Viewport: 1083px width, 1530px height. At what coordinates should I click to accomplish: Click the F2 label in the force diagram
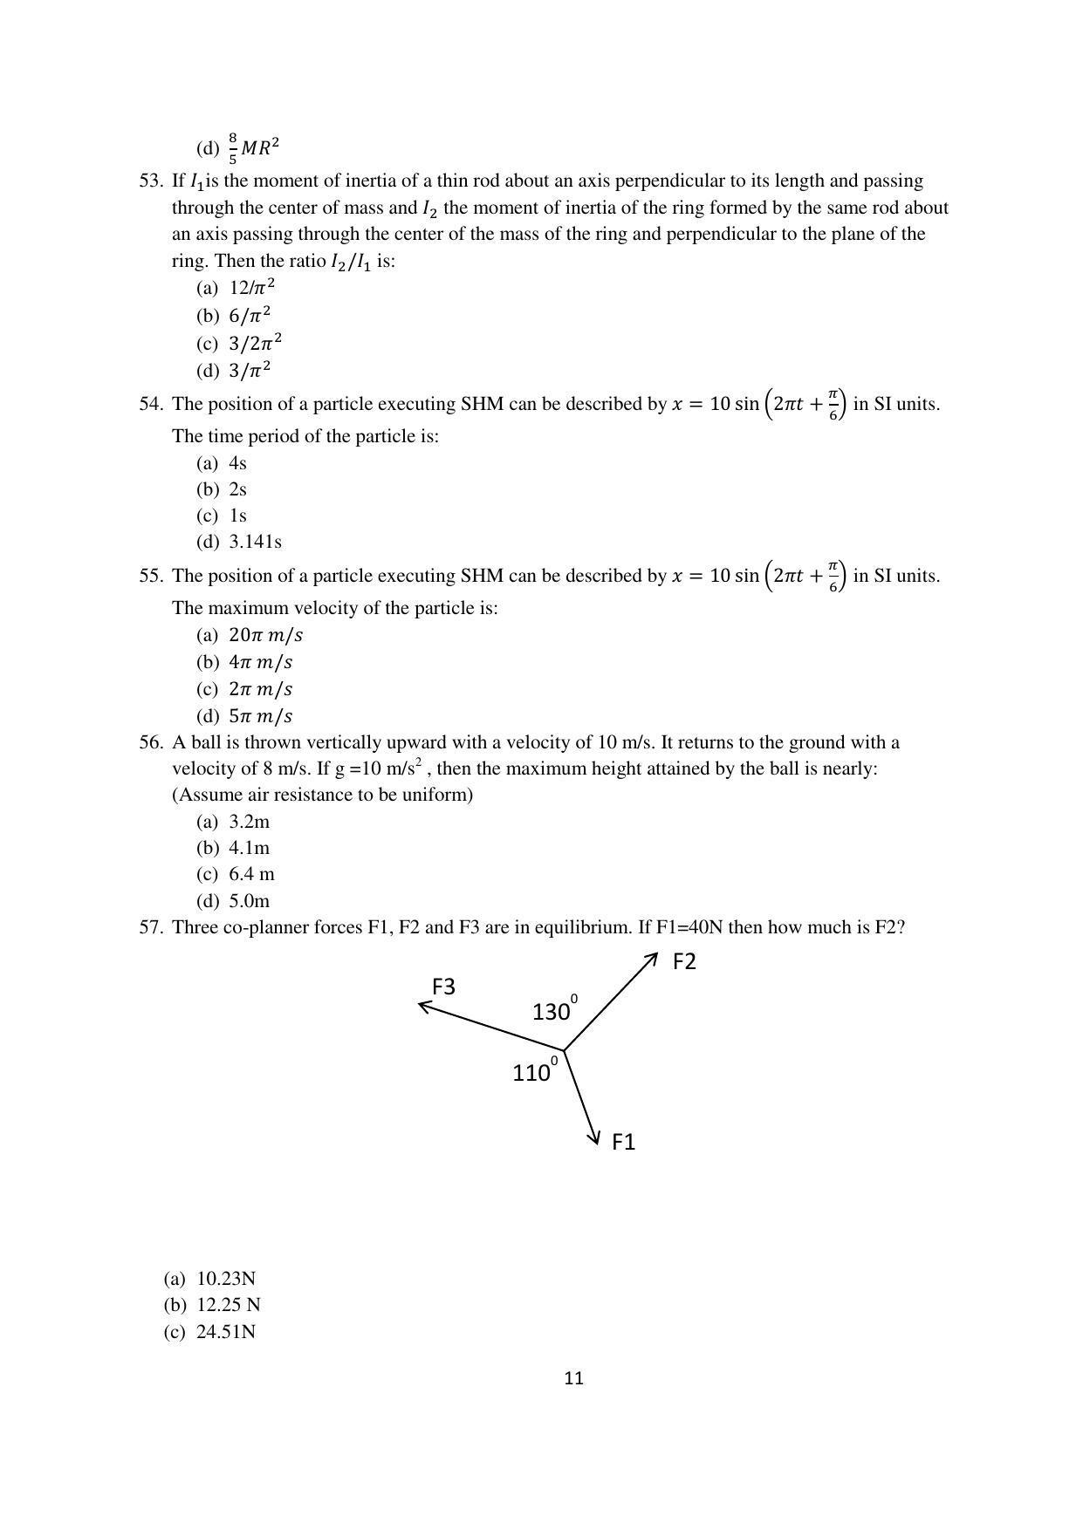pos(684,961)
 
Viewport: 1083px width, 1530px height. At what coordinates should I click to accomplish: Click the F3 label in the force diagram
pos(443,987)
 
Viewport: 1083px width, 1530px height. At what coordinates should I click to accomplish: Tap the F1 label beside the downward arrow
pos(623,1142)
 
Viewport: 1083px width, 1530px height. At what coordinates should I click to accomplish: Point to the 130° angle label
pos(553,1011)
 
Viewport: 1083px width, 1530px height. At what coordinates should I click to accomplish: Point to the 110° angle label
pos(533,1072)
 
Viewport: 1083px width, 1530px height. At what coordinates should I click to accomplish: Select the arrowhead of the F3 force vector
pos(424,1006)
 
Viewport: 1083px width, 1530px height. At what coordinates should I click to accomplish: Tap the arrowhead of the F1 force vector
pos(595,1136)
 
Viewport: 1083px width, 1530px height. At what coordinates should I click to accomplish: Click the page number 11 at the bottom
pos(573,1378)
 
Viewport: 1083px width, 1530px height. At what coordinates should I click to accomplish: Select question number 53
pos(150,181)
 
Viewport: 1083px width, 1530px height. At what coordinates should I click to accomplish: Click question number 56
pos(150,742)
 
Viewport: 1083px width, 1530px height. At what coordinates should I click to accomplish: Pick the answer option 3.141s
pos(255,542)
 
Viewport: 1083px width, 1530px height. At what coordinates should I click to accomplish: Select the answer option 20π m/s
pos(265,635)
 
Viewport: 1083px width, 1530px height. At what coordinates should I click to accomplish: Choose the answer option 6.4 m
pos(251,874)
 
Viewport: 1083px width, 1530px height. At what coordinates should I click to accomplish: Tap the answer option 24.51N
pos(225,1332)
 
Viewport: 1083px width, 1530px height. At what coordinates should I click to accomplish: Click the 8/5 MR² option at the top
pos(254,147)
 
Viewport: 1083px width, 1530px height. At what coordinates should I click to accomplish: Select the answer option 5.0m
pos(249,900)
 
